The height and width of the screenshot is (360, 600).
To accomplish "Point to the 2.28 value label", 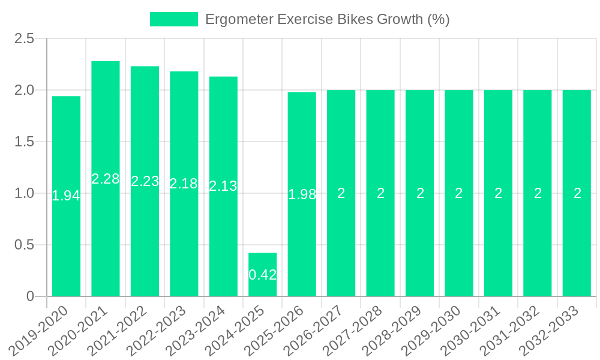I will tap(106, 179).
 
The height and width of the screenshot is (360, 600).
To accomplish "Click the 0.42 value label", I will tap(263, 275).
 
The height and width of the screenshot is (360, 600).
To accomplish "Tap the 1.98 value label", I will tap(302, 194).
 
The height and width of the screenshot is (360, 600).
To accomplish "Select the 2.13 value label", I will tap(223, 186).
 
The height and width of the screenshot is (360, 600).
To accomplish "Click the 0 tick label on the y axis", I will tap(31, 296).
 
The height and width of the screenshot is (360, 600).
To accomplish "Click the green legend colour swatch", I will tap(173, 19).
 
